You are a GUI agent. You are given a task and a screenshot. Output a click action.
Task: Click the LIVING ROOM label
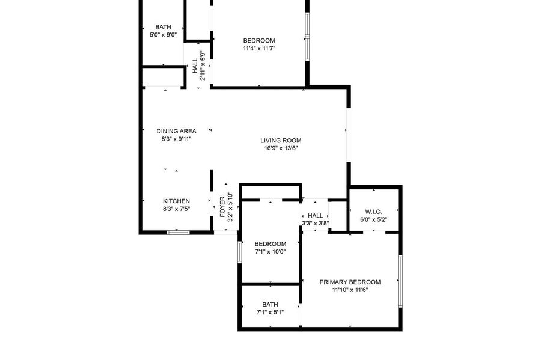281,141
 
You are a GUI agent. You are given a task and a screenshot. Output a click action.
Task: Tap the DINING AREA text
176,131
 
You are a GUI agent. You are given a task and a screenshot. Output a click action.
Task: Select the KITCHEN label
176,201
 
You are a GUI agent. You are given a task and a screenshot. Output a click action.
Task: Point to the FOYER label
222,207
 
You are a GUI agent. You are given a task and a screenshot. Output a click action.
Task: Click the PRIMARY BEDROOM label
350,282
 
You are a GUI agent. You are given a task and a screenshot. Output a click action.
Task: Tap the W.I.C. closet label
374,212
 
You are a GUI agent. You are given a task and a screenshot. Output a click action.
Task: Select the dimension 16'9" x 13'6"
281,148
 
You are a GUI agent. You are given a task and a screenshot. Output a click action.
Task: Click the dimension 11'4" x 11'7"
259,49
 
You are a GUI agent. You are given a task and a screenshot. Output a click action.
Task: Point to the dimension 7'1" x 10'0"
270,252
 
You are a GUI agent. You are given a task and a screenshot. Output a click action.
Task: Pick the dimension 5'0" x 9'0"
163,34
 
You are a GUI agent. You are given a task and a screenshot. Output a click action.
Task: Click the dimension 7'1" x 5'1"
270,313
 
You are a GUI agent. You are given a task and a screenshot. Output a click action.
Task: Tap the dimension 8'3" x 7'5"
176,209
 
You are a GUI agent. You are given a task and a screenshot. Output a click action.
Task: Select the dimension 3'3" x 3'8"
316,223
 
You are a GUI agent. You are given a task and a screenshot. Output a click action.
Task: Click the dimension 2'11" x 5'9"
203,66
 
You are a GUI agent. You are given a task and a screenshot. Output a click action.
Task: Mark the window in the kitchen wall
179,233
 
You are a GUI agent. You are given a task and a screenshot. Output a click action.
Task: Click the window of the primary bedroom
400,281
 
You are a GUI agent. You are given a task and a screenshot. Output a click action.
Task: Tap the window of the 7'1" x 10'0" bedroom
239,252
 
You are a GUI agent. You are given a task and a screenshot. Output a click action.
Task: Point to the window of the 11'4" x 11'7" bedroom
307,37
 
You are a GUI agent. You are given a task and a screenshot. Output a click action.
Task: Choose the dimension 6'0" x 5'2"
374,219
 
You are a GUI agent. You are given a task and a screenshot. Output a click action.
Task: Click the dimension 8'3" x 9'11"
176,139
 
